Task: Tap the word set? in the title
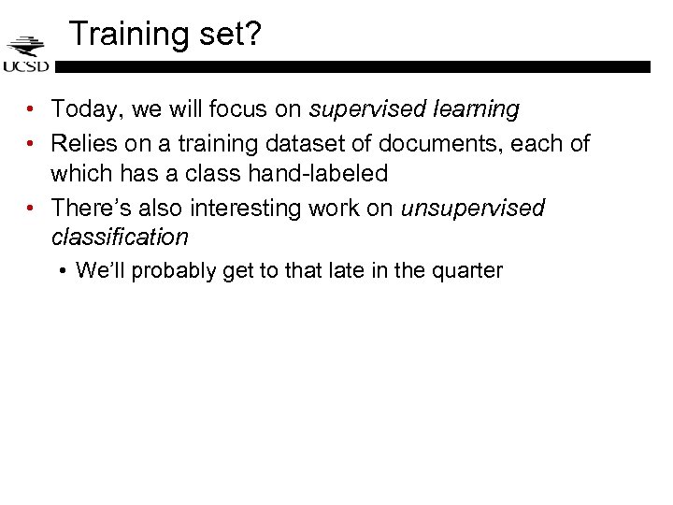click(228, 35)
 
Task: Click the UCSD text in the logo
click(26, 66)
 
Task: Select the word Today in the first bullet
click(87, 109)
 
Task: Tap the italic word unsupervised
click(472, 208)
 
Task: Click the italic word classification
click(120, 238)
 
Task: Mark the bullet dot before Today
click(32, 110)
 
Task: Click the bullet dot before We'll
click(62, 272)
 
